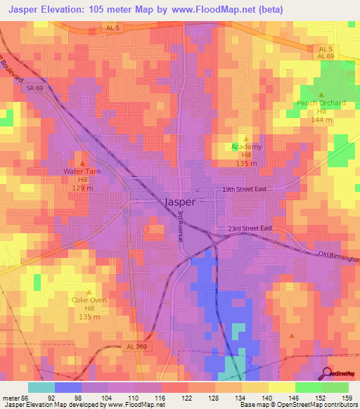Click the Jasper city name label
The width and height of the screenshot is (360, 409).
(x=180, y=202)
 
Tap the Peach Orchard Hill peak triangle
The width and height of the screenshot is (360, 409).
(x=321, y=95)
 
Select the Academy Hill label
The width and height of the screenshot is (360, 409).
(x=246, y=151)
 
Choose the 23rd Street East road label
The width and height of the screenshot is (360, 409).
(x=251, y=228)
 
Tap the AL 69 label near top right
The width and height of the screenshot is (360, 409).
(x=324, y=56)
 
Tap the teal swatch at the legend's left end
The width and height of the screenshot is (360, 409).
(x=41, y=387)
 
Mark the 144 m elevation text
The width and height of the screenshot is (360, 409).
(x=321, y=120)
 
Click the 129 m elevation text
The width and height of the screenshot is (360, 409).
(x=84, y=188)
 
